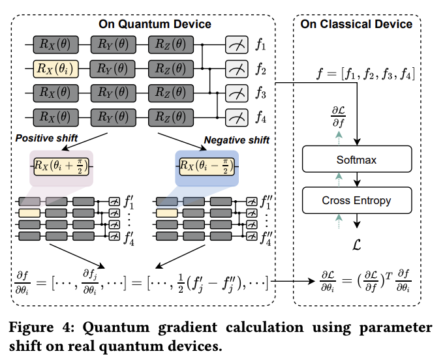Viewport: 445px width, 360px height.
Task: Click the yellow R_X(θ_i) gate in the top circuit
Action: point(56,68)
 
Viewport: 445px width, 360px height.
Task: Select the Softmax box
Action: point(357,158)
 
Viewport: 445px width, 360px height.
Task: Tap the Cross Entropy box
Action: point(357,200)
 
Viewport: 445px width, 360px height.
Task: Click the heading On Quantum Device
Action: point(155,24)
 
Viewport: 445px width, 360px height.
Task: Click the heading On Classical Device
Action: point(356,24)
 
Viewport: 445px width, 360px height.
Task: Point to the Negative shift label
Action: point(236,140)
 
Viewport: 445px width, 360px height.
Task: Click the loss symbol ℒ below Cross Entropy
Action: point(357,246)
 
